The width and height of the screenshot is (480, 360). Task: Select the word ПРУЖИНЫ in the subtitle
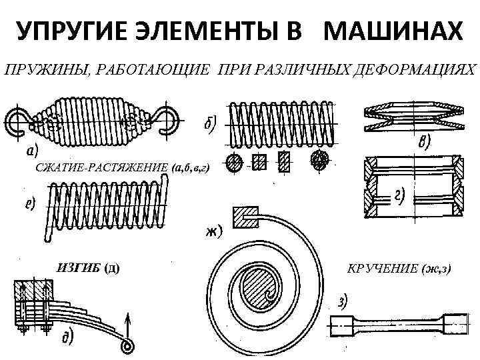(39, 70)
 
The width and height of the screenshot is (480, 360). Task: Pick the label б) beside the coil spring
(209, 125)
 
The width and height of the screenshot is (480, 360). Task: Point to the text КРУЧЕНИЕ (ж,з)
(399, 268)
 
